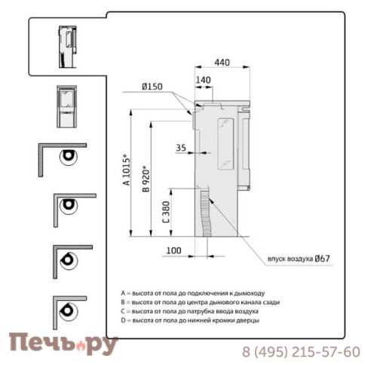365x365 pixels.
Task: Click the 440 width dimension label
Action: pos(222,63)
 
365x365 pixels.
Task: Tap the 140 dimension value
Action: pos(203,80)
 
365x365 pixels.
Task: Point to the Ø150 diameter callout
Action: pos(152,87)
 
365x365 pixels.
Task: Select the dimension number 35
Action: pos(181,148)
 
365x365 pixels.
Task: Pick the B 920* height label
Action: pos(146,179)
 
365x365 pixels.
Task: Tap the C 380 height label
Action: pos(166,212)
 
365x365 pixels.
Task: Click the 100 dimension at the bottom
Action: pos(173,250)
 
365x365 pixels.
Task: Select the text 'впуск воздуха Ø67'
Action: pos(299,259)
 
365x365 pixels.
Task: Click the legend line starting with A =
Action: pos(193,293)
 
